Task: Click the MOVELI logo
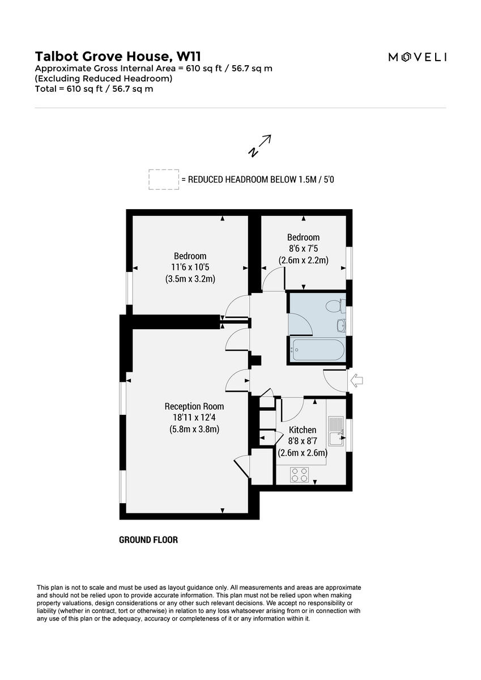pos(417,57)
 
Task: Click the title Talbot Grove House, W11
pos(118,56)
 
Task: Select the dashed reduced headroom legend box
pos(163,180)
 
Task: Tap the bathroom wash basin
pos(340,326)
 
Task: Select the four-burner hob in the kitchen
pos(300,475)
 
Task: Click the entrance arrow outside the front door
pos(357,380)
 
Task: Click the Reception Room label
pos(194,406)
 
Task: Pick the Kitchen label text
pos(303,430)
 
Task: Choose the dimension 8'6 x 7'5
pos(303,248)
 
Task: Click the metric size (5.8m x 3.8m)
pos(194,429)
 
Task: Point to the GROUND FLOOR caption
pos(148,540)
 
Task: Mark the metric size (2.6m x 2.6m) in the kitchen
pos(303,453)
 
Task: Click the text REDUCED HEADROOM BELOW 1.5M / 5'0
pos(261,180)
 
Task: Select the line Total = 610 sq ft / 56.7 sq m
pos(94,88)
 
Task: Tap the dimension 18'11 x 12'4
pos(194,418)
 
